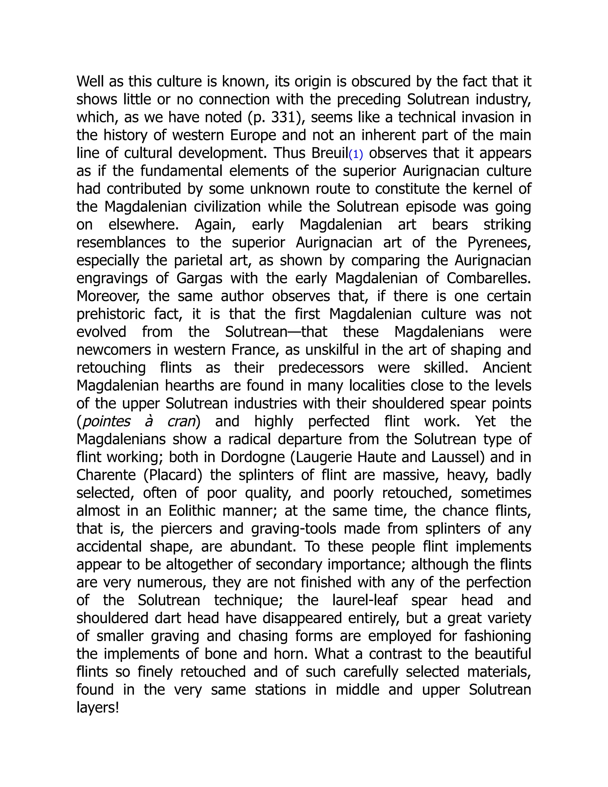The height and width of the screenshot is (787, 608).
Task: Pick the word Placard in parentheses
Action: [173, 475]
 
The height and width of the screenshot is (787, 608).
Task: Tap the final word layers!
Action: [97, 708]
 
